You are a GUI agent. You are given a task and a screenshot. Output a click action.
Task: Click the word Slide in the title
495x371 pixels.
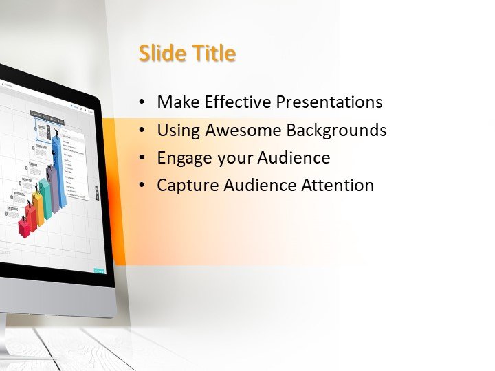click(160, 54)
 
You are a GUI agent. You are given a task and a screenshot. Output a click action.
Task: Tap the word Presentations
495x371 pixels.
click(329, 102)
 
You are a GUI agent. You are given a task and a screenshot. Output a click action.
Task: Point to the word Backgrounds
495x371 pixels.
click(336, 130)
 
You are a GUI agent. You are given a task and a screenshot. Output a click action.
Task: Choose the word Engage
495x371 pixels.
click(184, 158)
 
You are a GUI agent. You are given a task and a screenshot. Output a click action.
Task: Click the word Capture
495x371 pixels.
click(186, 185)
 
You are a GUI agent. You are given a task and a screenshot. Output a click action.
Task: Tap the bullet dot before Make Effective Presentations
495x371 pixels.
click(142, 103)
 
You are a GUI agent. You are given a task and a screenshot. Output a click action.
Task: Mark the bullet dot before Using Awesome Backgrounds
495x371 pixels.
click(142, 131)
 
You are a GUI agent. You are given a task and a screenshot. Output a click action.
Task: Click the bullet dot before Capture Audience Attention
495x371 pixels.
click(142, 185)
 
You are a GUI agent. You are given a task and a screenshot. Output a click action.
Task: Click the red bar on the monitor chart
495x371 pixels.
click(25, 227)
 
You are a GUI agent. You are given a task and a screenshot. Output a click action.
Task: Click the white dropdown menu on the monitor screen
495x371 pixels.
click(75, 165)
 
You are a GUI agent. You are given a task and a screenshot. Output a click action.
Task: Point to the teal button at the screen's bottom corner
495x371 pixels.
click(100, 270)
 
